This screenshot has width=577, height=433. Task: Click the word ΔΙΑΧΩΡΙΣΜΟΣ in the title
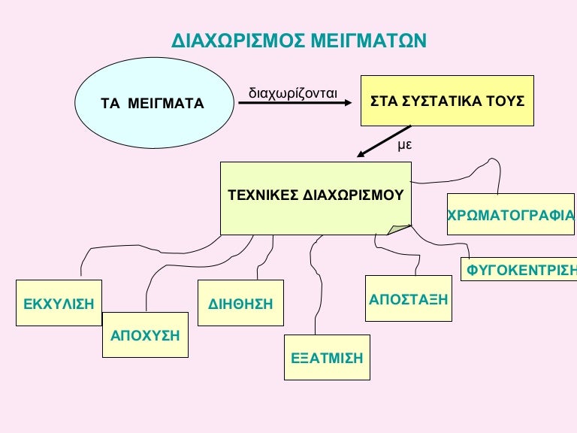[x=238, y=41]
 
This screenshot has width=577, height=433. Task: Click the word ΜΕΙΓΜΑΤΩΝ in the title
[x=369, y=41]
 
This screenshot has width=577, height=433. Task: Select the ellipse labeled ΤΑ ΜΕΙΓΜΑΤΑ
[x=154, y=103]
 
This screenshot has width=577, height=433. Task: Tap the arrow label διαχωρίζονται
[x=293, y=93]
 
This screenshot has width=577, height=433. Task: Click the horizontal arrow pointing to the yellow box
[x=295, y=103]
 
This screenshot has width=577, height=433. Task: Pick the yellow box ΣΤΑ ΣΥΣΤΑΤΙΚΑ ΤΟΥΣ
[x=447, y=101]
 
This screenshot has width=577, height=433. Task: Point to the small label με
[x=405, y=144]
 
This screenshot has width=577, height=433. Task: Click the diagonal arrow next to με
[x=384, y=141]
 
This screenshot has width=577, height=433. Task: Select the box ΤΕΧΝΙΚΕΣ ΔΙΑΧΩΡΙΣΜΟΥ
[x=316, y=198]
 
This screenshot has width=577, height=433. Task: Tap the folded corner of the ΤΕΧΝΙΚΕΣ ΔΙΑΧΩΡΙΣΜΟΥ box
[x=398, y=229]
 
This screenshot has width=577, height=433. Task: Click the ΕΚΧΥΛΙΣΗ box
[x=59, y=303]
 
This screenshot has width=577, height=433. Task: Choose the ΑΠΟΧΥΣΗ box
[x=145, y=335]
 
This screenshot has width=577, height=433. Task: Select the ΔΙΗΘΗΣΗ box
[x=240, y=303]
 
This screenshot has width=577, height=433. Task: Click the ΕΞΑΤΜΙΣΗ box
[x=327, y=357]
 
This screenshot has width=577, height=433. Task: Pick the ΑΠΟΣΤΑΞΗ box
[x=409, y=298]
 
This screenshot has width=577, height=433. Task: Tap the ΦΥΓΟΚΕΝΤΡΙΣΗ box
[x=519, y=269]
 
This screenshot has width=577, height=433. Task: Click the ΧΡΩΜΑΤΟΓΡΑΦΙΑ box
[x=511, y=214]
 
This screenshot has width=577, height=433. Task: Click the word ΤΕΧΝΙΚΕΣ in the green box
[x=263, y=195]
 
